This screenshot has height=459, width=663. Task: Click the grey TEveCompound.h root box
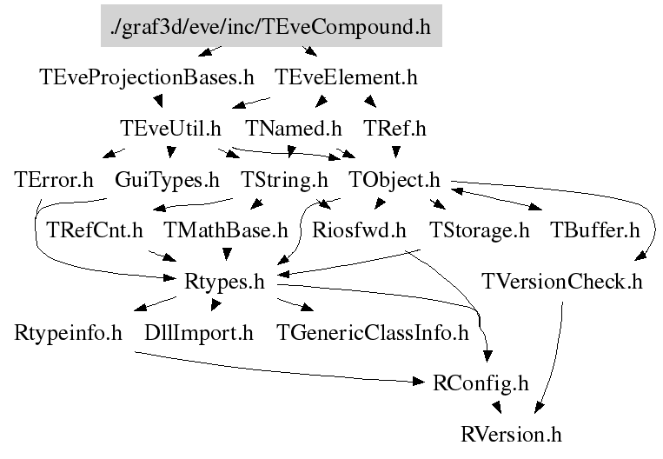click(x=271, y=27)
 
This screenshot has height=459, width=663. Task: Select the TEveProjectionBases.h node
click(x=147, y=77)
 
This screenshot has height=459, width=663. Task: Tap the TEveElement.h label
click(x=346, y=77)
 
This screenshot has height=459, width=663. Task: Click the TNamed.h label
click(x=294, y=129)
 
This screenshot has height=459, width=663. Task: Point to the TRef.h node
click(x=395, y=129)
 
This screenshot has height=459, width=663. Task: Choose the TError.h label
click(x=54, y=180)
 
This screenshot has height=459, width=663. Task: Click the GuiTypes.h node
click(x=168, y=180)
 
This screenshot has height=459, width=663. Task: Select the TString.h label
click(x=284, y=180)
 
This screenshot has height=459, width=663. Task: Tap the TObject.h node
click(x=394, y=180)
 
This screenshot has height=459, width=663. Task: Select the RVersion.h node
click(x=512, y=433)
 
